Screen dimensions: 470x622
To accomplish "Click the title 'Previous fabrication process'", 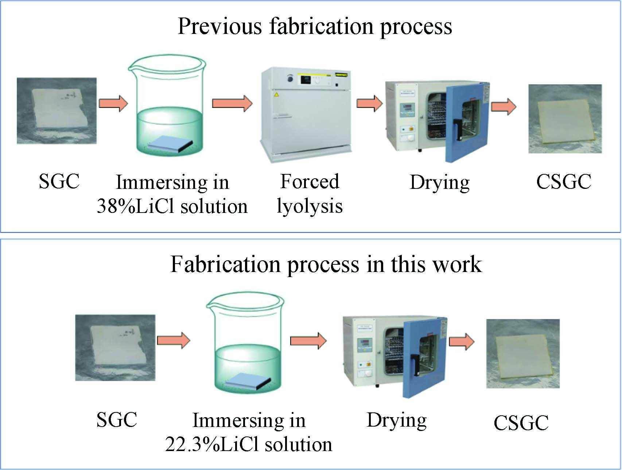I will point(315,26).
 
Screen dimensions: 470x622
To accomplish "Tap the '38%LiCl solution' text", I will point(172,206).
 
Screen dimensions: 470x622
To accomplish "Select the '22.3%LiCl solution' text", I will point(249,444).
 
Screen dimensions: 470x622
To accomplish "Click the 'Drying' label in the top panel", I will point(439,182).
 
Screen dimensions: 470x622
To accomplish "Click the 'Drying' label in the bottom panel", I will point(396,420).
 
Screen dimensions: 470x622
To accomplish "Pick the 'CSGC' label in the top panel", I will point(563,182).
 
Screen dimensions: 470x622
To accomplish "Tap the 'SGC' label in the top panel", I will point(59,181).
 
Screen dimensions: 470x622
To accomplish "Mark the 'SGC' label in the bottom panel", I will point(116,420).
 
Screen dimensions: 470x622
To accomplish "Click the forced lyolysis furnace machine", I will point(306,115).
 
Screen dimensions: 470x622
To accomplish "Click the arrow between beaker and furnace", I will point(232,103).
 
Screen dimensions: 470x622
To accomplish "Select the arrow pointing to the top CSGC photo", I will point(504,106).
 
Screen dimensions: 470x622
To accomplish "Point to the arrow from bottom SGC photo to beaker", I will point(174,341).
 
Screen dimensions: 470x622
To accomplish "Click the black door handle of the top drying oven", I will point(456,129).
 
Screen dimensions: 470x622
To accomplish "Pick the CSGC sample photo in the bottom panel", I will point(522,353).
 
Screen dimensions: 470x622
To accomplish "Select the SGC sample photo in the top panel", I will point(57,110).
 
